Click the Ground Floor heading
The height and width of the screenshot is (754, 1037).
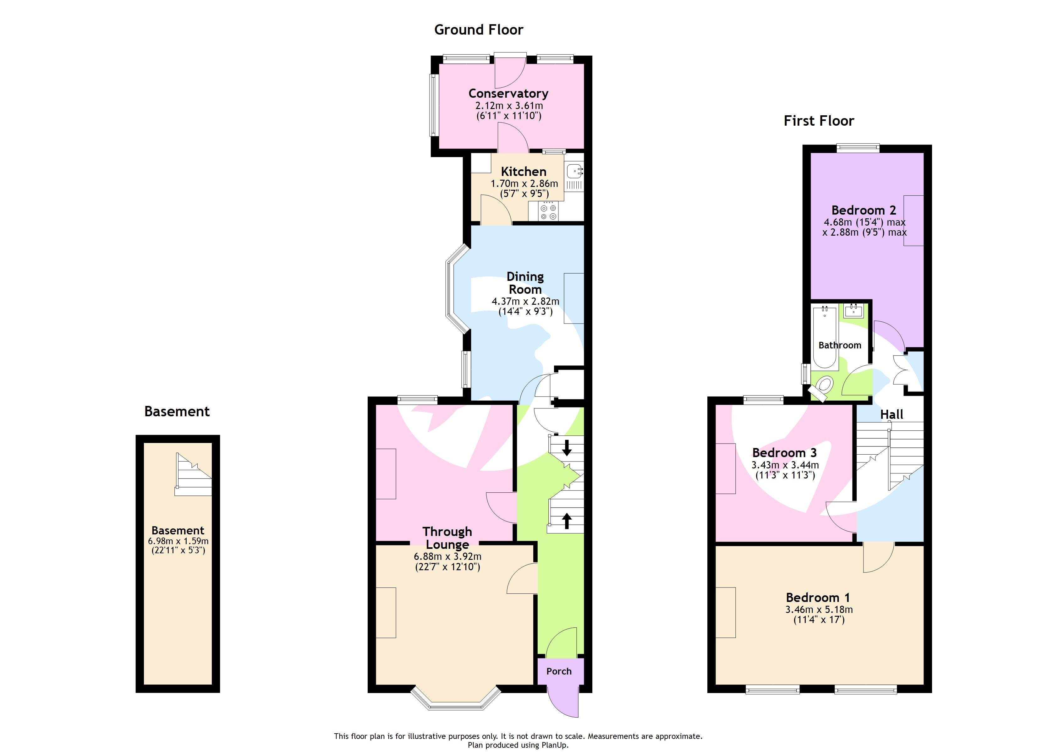[x=478, y=30]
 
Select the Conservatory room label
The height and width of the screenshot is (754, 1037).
[x=508, y=93]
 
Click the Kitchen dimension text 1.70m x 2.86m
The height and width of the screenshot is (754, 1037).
[x=524, y=183]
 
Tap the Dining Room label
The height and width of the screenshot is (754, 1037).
[x=525, y=283]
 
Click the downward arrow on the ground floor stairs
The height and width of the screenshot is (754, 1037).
[x=567, y=448]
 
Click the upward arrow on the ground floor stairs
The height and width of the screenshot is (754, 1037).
[x=567, y=520]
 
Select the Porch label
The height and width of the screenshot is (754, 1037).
[x=559, y=671]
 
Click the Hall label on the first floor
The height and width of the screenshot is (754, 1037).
[x=891, y=414]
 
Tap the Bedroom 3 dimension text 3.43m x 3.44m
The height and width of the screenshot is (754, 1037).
[x=785, y=465]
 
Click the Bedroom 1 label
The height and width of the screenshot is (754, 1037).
[x=818, y=597]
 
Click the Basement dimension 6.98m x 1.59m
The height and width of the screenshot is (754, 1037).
[x=178, y=541]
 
